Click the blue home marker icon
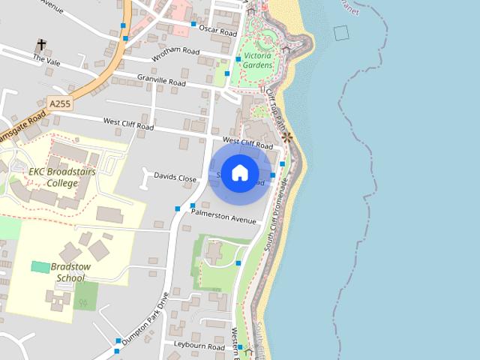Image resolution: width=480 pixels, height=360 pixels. point(239,173)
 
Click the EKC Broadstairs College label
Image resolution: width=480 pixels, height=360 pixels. point(53,176)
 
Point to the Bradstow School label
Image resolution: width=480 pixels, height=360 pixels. point(60,272)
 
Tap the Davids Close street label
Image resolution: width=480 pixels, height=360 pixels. point(175,178)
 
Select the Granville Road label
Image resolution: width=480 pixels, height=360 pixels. point(161,79)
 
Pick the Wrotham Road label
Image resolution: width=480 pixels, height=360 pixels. point(175,52)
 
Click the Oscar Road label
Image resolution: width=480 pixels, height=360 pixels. point(218,33)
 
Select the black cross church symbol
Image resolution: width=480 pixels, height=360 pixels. point(40,46)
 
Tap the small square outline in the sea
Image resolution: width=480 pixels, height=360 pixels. point(342,32)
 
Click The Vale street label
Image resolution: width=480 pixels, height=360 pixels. point(46,60)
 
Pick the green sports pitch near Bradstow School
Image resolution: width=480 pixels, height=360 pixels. point(40,267)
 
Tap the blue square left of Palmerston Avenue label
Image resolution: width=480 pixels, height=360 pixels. point(193,205)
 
